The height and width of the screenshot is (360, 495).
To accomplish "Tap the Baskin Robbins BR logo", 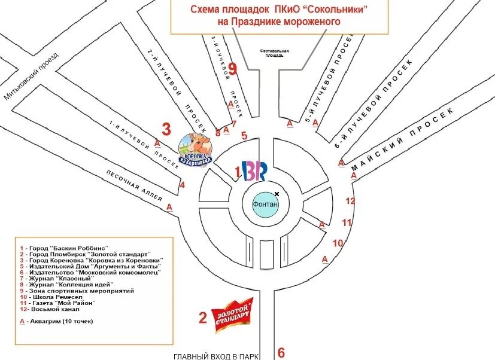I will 254,172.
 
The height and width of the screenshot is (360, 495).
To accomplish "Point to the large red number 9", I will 233,68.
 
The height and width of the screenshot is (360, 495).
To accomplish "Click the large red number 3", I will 166,129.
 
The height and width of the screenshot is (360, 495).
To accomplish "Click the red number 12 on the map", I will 351,201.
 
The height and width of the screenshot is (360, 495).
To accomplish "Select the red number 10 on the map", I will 338,243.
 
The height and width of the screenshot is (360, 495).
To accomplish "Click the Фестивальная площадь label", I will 274,53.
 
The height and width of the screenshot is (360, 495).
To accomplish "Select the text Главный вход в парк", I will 216,356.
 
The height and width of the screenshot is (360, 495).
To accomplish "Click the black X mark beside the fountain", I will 277,194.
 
